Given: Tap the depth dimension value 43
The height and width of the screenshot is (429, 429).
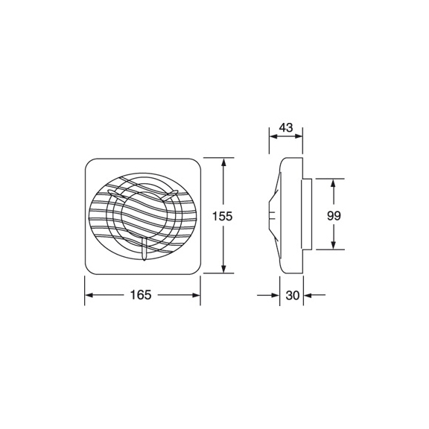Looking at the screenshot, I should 285,127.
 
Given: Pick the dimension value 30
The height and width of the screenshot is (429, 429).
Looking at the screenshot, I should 292,296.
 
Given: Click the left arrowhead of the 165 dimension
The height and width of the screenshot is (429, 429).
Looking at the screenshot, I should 89,296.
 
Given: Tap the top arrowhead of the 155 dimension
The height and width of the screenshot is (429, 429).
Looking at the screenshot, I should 223,162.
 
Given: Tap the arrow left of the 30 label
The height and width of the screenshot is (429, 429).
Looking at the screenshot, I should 275,296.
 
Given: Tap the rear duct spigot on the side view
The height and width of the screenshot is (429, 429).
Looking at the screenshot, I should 306,215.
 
